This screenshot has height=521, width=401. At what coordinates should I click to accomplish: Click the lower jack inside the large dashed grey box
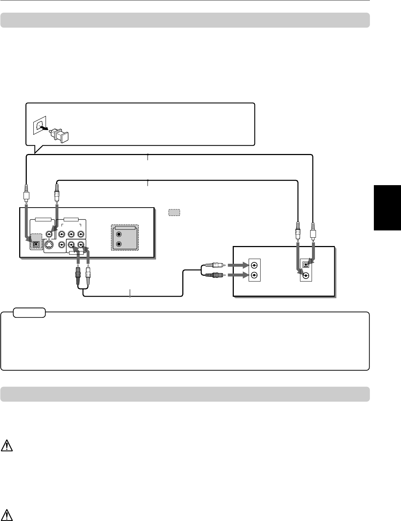tap(118, 244)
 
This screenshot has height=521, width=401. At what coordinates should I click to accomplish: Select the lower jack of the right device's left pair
tap(255, 275)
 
